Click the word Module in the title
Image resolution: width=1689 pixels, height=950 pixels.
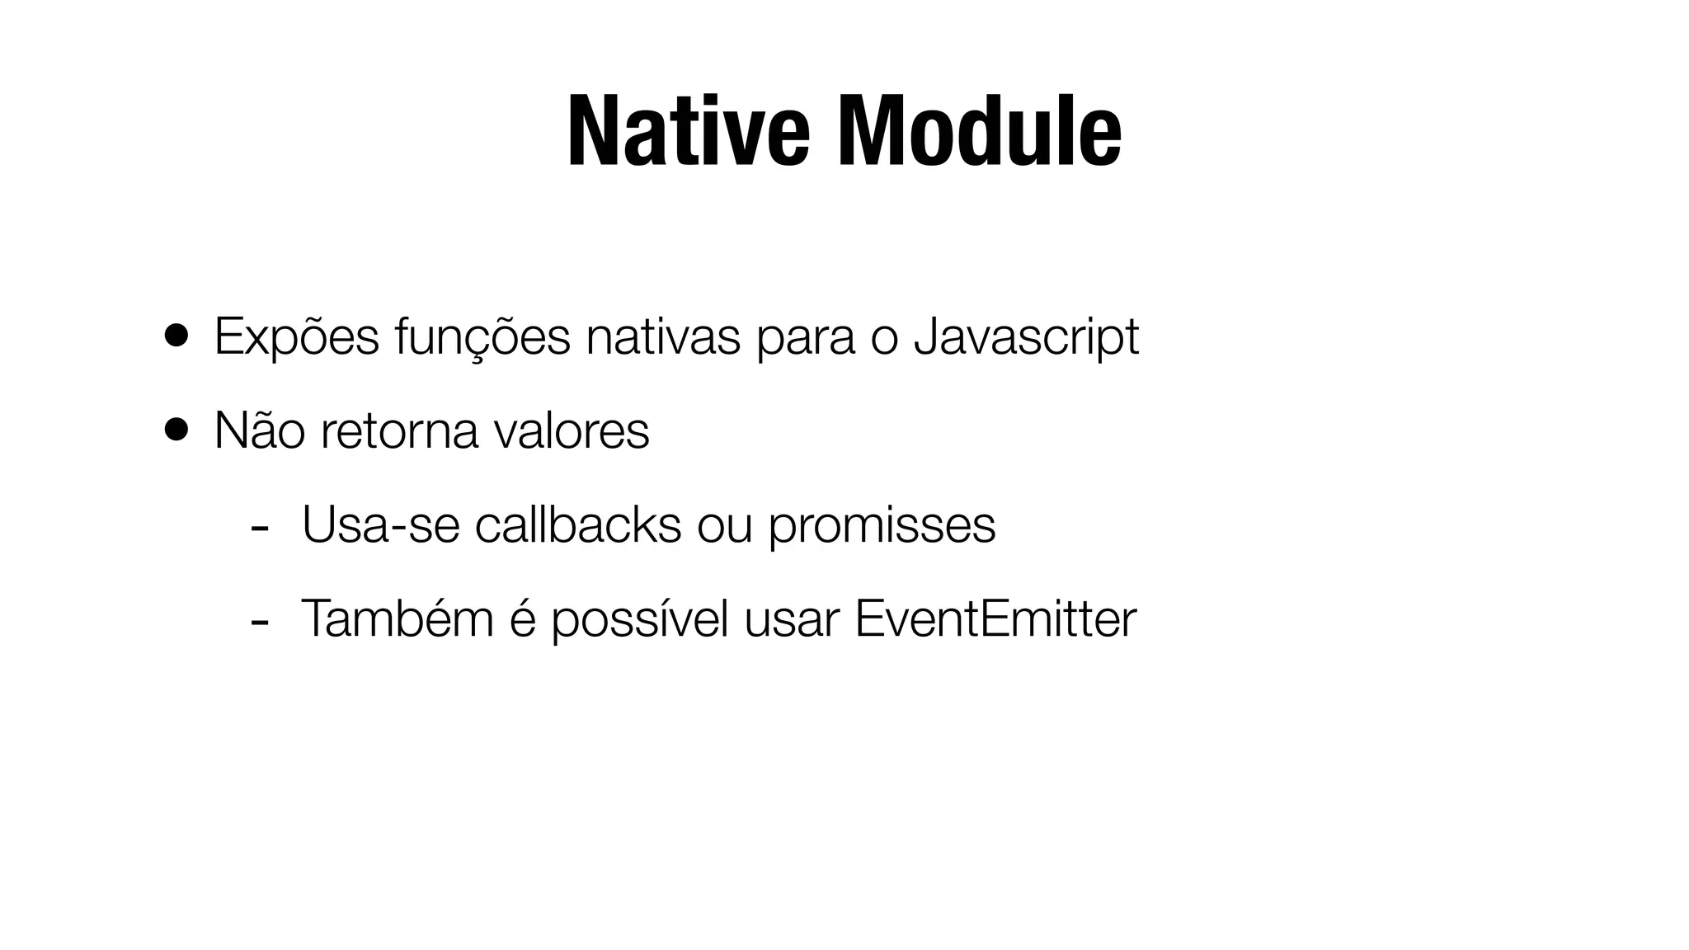[x=980, y=132]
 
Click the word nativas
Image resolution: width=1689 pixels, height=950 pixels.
[x=663, y=336]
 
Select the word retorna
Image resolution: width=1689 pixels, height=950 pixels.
[x=399, y=430]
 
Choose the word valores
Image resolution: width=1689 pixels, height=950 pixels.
[x=572, y=430]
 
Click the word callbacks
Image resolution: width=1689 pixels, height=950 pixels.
[x=578, y=524]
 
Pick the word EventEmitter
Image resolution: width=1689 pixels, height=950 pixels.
[x=995, y=618]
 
